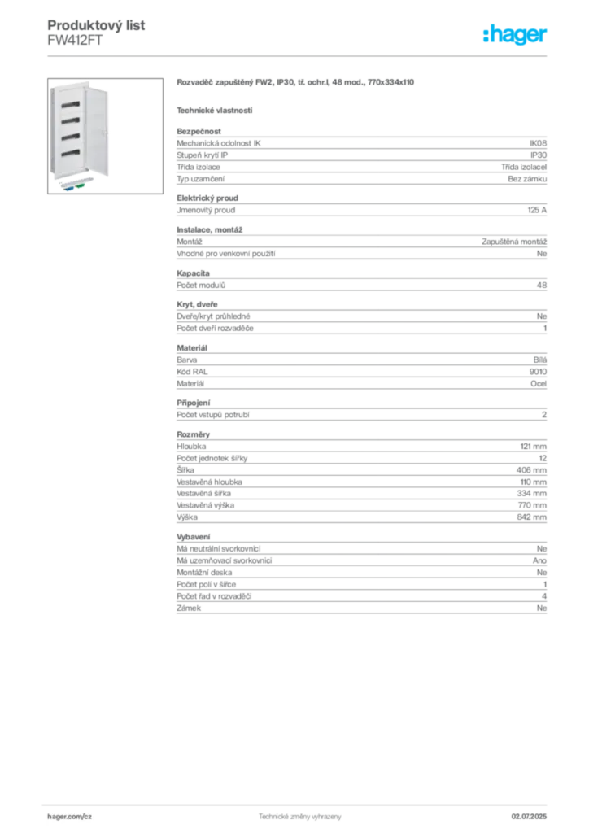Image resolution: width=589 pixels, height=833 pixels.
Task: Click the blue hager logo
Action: point(516,35)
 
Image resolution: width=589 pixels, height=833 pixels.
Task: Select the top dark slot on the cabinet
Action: point(70,103)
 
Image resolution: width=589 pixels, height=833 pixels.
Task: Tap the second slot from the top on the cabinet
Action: point(70,120)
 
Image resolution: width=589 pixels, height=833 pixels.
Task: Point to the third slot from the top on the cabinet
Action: point(70,136)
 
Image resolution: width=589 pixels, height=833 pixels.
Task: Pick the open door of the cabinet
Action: point(102,130)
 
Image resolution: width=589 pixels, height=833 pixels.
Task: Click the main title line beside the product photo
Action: point(296,83)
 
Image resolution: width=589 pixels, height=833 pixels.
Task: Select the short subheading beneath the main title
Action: point(215,110)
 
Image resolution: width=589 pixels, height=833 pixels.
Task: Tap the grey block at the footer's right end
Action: point(534,812)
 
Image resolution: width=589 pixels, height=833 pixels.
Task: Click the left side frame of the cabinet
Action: point(50,130)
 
